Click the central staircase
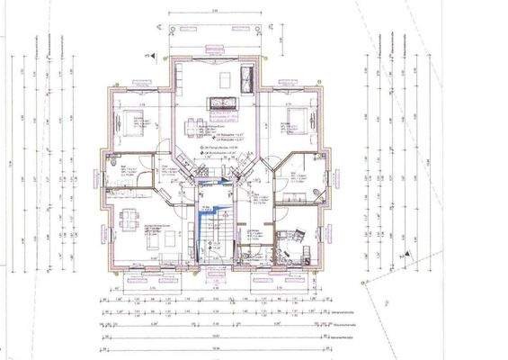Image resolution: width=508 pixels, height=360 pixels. [214, 234]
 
